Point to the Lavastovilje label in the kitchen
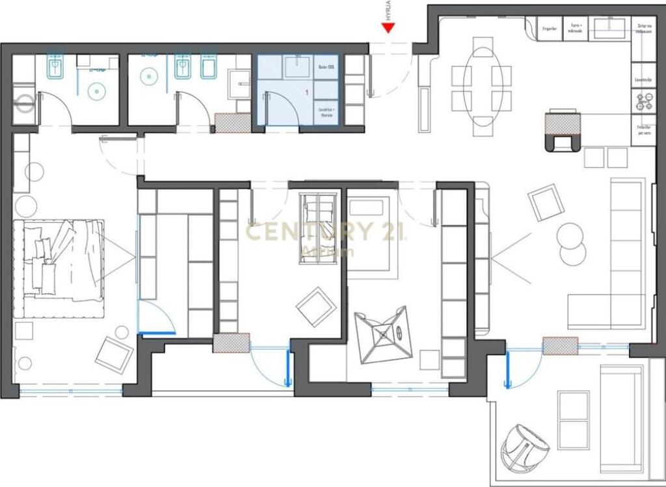643,80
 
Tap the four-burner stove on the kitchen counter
643,102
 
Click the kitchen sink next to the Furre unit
609,26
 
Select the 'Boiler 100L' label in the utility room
326,67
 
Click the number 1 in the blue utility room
306,93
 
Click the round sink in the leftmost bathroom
96,91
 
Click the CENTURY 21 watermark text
326,231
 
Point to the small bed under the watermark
317,228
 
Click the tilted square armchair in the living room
546,202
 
